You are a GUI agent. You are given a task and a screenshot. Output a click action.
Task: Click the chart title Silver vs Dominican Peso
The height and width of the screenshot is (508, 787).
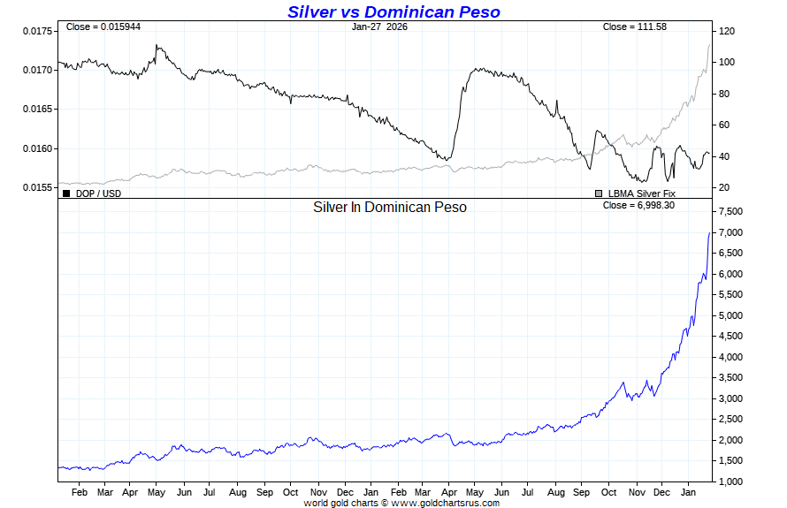(393, 11)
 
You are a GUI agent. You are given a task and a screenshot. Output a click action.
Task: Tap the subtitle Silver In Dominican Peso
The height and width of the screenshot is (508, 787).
(390, 207)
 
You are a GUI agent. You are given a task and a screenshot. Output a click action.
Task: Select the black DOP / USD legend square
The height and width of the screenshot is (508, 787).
(65, 193)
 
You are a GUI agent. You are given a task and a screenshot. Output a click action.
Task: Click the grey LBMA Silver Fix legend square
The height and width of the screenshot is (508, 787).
(599, 193)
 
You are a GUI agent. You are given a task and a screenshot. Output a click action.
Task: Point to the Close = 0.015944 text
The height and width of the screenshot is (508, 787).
(102, 27)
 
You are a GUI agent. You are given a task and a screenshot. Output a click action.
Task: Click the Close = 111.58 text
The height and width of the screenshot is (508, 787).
(634, 27)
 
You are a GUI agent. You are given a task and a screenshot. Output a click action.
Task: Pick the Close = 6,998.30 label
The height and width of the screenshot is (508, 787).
(638, 206)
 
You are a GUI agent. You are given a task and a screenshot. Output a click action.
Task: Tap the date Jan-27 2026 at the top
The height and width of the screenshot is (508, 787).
(379, 27)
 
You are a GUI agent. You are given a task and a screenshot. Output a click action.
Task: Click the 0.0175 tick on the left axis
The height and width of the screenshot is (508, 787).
(39, 31)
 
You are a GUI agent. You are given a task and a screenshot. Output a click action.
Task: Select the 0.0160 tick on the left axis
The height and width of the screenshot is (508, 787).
(39, 148)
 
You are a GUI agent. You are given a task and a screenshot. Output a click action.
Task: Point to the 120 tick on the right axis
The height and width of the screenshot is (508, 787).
(727, 31)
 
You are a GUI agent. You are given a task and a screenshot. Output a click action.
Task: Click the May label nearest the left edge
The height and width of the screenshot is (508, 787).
(157, 492)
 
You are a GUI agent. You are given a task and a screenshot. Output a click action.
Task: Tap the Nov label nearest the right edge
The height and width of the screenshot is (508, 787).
(637, 492)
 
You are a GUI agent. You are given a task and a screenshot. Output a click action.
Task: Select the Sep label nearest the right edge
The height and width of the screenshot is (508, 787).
(582, 492)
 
